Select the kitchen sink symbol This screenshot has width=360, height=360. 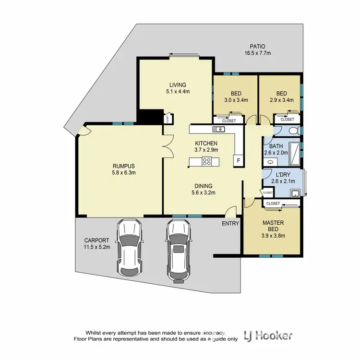[x=220, y=129]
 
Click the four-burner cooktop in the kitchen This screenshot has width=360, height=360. [x=207, y=161]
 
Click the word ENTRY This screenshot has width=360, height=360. [x=230, y=224]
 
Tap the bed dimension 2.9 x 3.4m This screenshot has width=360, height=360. [x=281, y=101]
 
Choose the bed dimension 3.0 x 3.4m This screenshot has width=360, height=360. [x=236, y=101]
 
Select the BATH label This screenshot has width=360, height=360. [x=276, y=146]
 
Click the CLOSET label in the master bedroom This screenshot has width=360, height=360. [x=273, y=204]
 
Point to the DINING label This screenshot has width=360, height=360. [x=204, y=186]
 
